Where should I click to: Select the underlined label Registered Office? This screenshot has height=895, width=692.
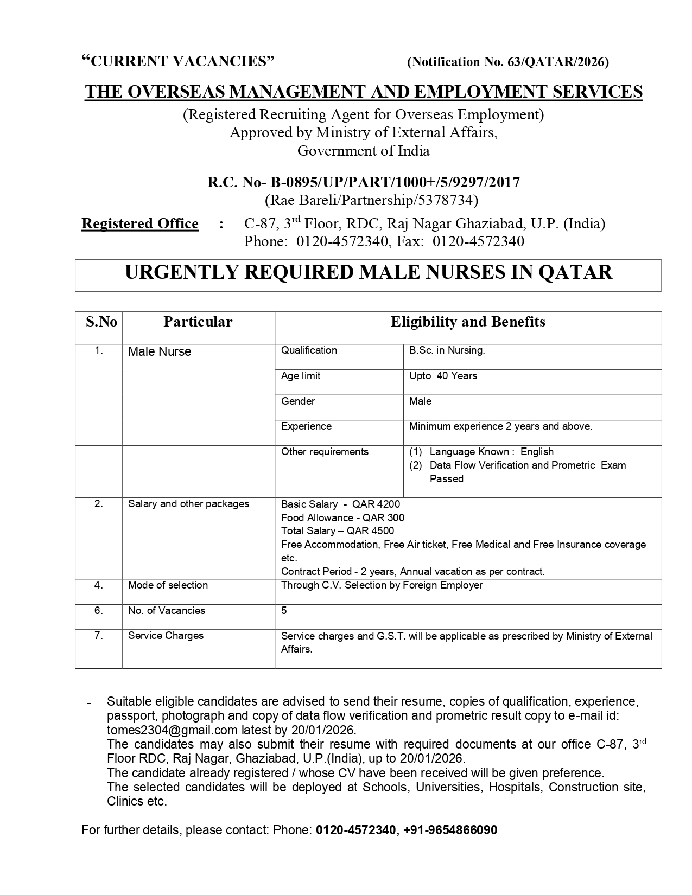tap(139, 223)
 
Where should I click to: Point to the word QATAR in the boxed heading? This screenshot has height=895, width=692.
tap(575, 272)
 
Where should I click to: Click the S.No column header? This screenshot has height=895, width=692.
tap(101, 322)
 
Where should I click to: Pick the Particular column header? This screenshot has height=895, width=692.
tap(198, 322)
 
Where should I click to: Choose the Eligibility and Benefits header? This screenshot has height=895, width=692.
tap(468, 322)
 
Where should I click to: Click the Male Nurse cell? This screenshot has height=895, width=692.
tap(160, 351)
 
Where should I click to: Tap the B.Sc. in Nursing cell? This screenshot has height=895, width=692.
tap(447, 350)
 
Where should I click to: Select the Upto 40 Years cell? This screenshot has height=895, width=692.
tap(443, 376)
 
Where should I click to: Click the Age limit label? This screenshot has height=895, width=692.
tap(300, 376)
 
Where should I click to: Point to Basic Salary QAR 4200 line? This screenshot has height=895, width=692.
tap(340, 504)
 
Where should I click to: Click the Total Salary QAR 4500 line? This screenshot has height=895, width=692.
tap(337, 531)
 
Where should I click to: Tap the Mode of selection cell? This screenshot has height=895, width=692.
tap(168, 585)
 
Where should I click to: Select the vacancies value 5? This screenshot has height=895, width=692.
tap(284, 611)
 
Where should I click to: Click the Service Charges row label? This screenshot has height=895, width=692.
tap(166, 636)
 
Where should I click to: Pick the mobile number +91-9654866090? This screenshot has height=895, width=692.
tap(450, 830)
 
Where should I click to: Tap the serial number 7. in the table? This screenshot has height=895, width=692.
tap(98, 636)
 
